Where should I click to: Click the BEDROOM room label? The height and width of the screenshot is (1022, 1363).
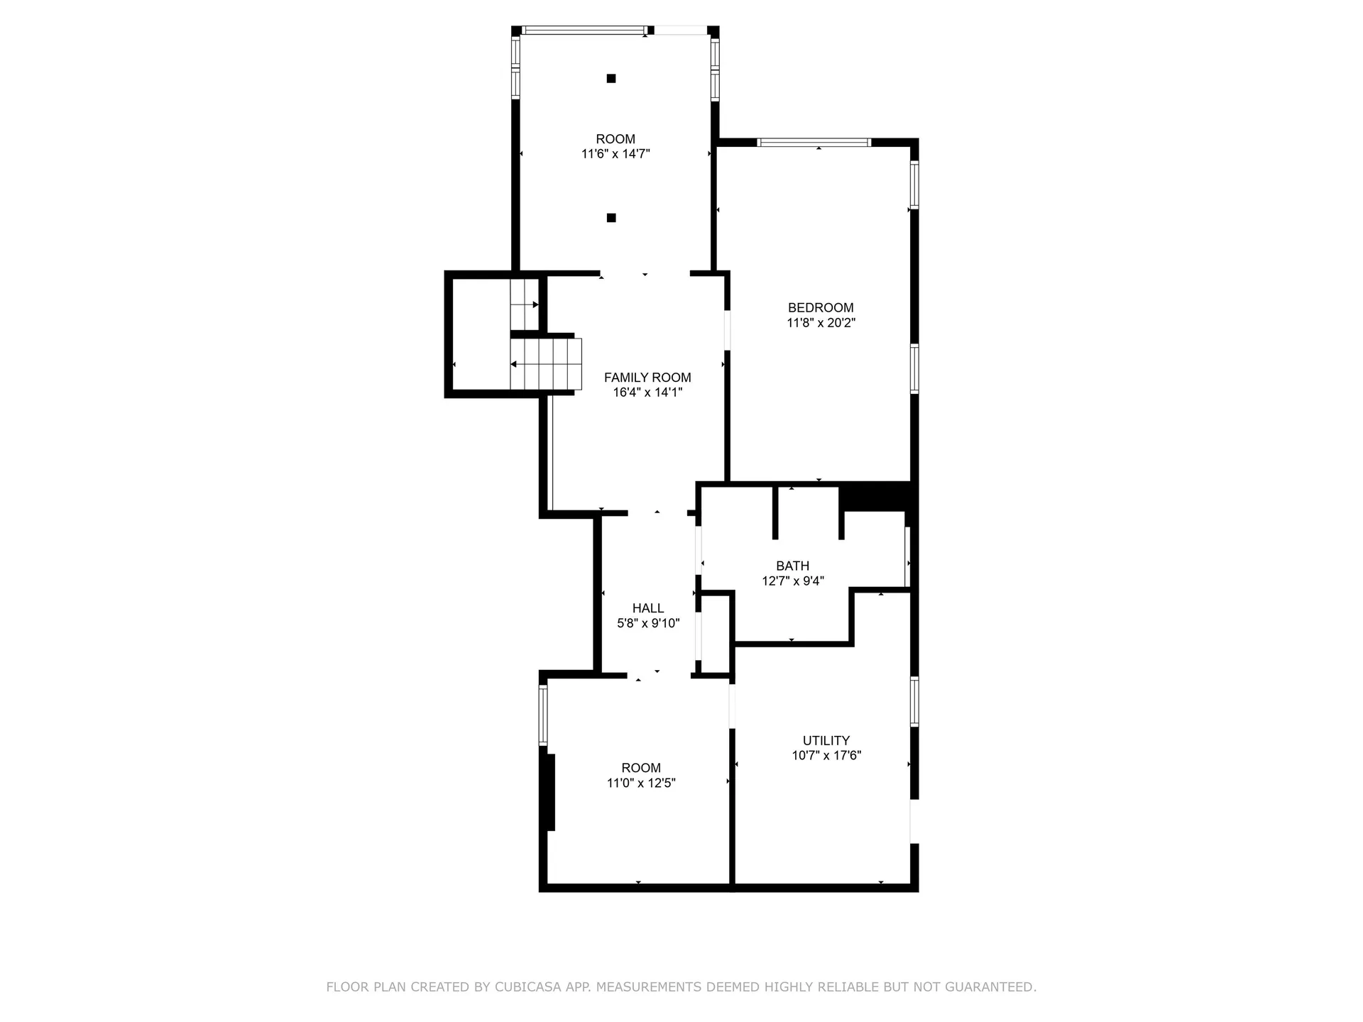pyautogui.click(x=821, y=307)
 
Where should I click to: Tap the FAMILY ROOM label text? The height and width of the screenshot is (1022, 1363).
pyautogui.click(x=647, y=378)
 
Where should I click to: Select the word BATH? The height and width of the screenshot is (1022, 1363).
pyautogui.click(x=792, y=566)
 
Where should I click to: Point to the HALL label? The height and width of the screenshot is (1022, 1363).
pyautogui.click(x=648, y=608)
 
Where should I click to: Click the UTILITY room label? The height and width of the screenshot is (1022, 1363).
pyautogui.click(x=826, y=740)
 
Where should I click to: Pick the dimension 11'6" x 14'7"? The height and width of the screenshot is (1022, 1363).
pyautogui.click(x=615, y=153)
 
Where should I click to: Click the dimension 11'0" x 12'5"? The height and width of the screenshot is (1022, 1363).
pyautogui.click(x=641, y=783)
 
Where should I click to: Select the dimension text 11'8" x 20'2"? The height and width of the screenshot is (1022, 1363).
pyautogui.click(x=821, y=323)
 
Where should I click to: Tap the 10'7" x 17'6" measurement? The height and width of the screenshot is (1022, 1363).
pyautogui.click(x=826, y=755)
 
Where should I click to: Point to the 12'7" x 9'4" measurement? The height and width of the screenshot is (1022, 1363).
pyautogui.click(x=793, y=581)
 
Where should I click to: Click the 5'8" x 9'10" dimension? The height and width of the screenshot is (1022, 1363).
pyautogui.click(x=648, y=623)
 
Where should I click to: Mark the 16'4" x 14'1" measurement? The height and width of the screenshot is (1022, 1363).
pyautogui.click(x=647, y=392)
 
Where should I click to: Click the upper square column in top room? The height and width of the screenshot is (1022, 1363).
pyautogui.click(x=611, y=78)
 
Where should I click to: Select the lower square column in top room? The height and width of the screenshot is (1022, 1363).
pyautogui.click(x=611, y=218)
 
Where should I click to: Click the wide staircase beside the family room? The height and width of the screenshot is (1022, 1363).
pyautogui.click(x=546, y=364)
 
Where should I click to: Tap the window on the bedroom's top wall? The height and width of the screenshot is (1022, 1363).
pyautogui.click(x=814, y=142)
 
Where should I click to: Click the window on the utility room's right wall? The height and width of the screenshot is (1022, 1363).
pyautogui.click(x=914, y=702)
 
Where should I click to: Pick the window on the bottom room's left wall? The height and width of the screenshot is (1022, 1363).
pyautogui.click(x=543, y=715)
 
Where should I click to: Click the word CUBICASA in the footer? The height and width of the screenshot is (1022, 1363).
pyautogui.click(x=527, y=987)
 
